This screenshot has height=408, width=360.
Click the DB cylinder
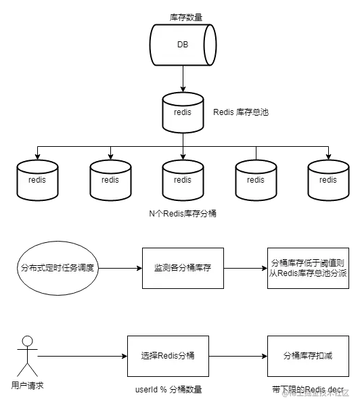coord(183,45)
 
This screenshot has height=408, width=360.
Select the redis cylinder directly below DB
coord(183,112)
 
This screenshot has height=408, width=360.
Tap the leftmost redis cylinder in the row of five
coord(37,180)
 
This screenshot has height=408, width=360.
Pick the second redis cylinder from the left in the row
coord(110,180)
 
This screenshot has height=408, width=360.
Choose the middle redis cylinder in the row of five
coord(183,180)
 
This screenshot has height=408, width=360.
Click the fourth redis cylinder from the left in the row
coord(255,180)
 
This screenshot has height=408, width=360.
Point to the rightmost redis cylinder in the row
coord(328,180)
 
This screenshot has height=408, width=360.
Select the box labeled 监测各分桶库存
coord(183,268)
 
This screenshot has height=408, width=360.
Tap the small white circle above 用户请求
coord(27,341)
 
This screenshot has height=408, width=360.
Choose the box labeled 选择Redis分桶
coord(168,356)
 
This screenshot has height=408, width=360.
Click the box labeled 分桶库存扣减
coord(308,356)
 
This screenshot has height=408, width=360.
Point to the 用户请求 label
coord(28,386)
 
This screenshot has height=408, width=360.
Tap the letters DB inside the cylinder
coord(183,45)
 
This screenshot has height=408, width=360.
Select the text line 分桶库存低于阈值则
coord(308,263)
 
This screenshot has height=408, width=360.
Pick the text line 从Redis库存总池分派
coord(308,274)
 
